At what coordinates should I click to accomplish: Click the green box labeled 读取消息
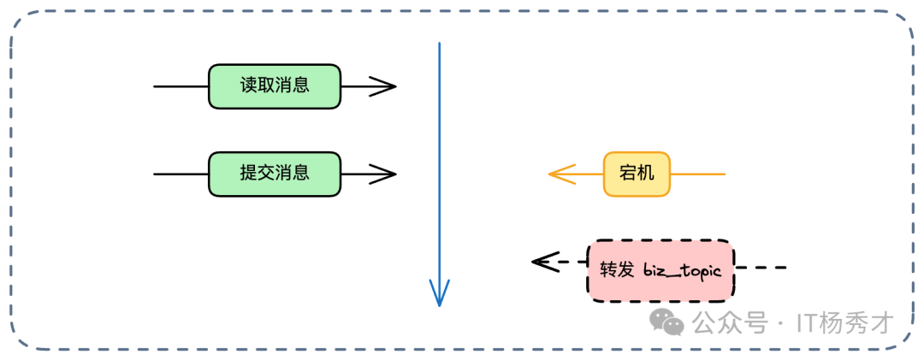click(275, 86)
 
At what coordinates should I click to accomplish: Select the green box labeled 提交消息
click(275, 174)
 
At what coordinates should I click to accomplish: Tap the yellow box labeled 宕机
click(637, 174)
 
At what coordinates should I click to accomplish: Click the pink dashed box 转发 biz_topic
click(660, 269)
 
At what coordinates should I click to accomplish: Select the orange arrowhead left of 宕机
click(557, 174)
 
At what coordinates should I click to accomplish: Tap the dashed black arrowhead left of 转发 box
click(541, 262)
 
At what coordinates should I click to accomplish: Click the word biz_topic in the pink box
click(683, 270)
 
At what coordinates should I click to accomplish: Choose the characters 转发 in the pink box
click(617, 269)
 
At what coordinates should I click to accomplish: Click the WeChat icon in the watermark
click(666, 322)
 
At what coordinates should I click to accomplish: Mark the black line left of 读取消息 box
click(181, 86)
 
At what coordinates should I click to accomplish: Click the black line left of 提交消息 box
click(181, 174)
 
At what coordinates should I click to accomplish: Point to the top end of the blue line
click(439, 44)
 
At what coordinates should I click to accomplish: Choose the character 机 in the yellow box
click(646, 174)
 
